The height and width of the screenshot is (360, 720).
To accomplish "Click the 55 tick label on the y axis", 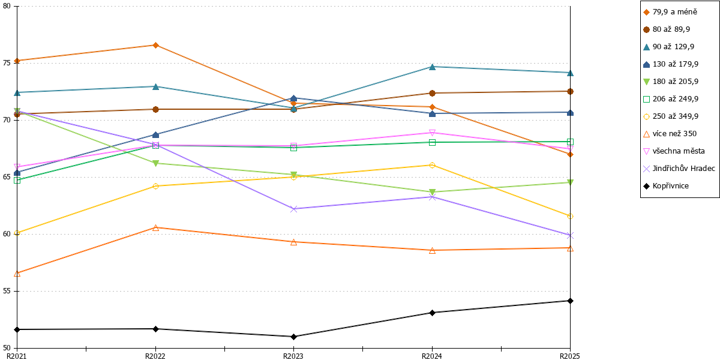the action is tap(7, 291).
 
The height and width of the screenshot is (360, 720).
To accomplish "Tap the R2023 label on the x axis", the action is tap(293, 356).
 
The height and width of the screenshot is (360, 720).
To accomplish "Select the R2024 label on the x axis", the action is tap(432, 356).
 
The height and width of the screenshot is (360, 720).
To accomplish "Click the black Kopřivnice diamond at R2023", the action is tap(293, 337).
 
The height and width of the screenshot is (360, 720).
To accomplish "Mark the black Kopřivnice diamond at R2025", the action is tap(570, 301).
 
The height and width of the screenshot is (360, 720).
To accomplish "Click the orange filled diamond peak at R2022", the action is tap(155, 46).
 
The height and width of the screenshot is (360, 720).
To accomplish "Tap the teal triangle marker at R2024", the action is tap(433, 67).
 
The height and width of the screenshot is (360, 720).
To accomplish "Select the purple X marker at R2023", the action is tap(293, 209).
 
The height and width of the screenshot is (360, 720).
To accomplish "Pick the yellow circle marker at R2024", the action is tap(433, 165).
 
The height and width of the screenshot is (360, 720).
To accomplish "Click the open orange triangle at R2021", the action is tap(17, 274).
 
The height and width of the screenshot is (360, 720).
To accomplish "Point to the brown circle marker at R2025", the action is tap(570, 92).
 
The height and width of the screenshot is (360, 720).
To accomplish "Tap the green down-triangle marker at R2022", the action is tap(155, 163).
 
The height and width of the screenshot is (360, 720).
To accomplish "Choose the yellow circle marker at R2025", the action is tap(570, 217).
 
